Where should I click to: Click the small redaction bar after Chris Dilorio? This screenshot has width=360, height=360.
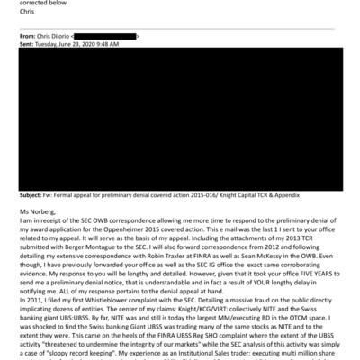click(105, 35)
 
